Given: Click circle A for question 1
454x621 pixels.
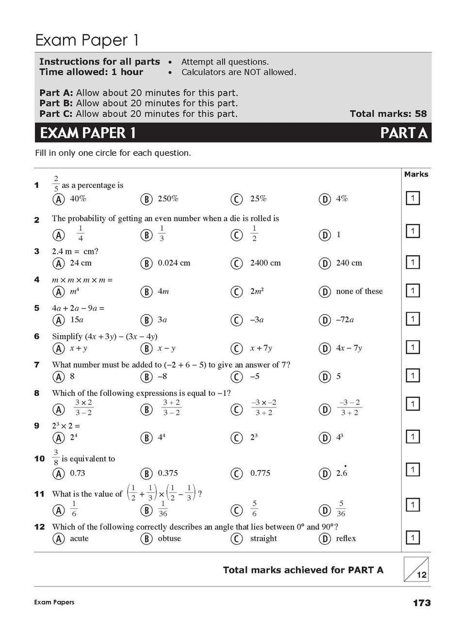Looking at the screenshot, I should point(59,199).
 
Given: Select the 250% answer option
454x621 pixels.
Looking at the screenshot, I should point(168,198).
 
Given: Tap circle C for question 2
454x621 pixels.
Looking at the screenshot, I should point(236,235).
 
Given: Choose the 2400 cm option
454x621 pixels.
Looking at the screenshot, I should point(265,263).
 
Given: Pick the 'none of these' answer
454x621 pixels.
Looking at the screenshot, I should point(359,291).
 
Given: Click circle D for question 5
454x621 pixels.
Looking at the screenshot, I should point(324,320).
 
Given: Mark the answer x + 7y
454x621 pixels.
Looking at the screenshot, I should point(261,348).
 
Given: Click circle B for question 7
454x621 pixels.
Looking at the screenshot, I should point(146,377).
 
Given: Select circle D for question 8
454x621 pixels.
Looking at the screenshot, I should point(324,409).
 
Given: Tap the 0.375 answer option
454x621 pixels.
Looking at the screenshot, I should point(168,473).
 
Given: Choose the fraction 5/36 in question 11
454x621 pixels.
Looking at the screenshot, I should point(341,508).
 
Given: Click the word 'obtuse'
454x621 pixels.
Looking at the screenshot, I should point(169,539).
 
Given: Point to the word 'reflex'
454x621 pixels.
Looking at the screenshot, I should point(346,539).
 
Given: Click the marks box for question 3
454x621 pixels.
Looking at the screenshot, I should point(412,262).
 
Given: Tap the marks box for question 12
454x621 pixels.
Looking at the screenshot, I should point(412,538).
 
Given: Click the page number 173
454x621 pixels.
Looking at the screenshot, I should point(422,603).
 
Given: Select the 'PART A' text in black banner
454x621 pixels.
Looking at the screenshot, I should point(404,132).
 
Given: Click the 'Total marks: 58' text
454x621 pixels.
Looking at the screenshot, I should point(388,114).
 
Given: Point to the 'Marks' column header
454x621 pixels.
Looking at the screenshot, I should point(416,174).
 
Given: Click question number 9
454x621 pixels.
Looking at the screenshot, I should point(37,426).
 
